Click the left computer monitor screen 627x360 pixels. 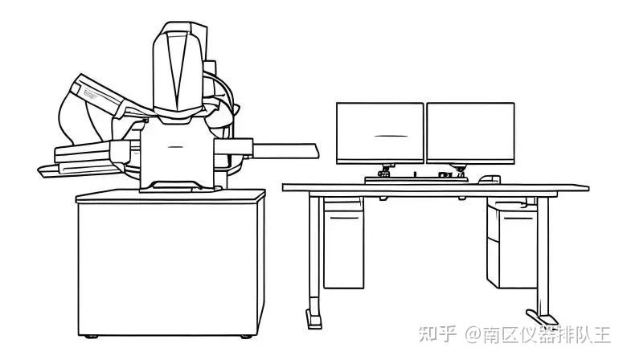379,133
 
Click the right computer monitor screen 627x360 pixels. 469,133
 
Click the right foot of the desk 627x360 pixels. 540,315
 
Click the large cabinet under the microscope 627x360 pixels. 170,265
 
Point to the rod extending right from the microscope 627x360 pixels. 285,148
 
